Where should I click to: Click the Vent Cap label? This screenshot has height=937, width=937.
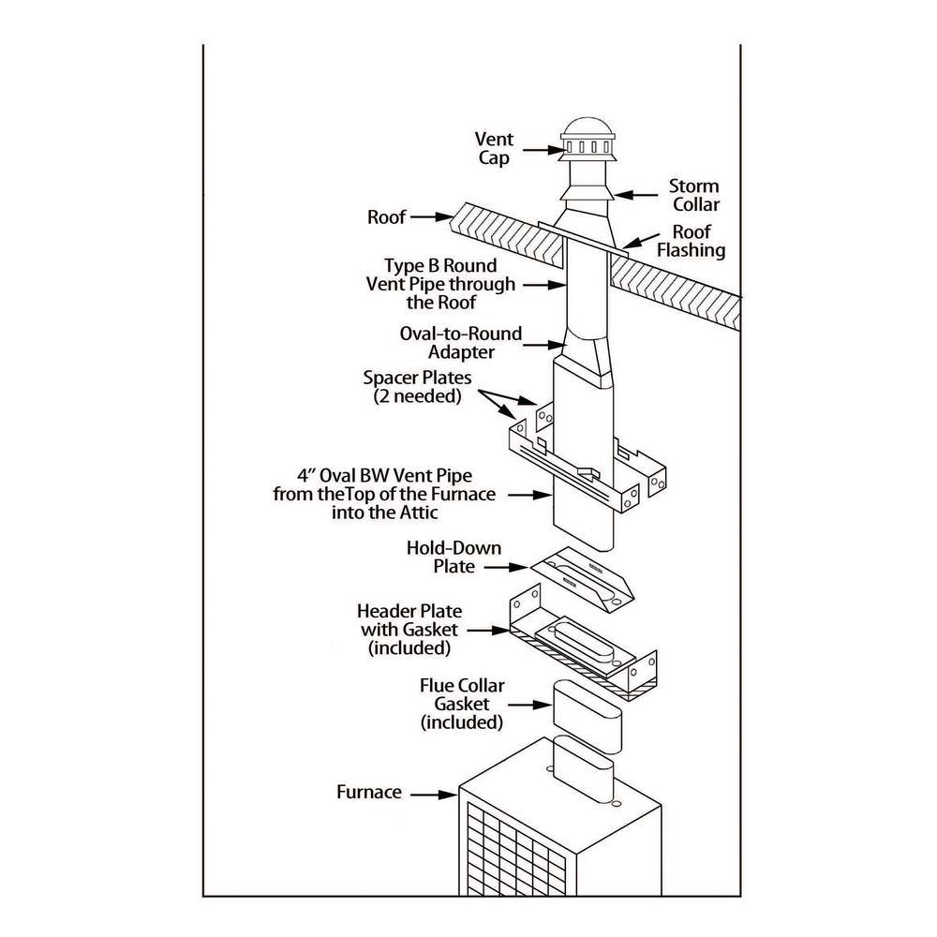494,149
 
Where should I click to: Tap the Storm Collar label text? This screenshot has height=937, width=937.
694,195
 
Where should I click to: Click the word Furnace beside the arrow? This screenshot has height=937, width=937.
369,793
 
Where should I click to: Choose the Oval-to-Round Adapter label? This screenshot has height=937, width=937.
461,343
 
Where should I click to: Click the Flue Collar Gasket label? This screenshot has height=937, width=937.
463,704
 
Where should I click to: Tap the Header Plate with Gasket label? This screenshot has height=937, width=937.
409,629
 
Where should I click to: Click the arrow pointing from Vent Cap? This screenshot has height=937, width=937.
540,149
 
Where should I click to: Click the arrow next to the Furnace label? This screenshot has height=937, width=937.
433,794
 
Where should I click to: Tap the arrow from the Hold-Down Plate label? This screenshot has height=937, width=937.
506,566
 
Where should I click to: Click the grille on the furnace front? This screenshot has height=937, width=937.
514,853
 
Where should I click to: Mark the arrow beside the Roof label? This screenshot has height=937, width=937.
431,217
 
